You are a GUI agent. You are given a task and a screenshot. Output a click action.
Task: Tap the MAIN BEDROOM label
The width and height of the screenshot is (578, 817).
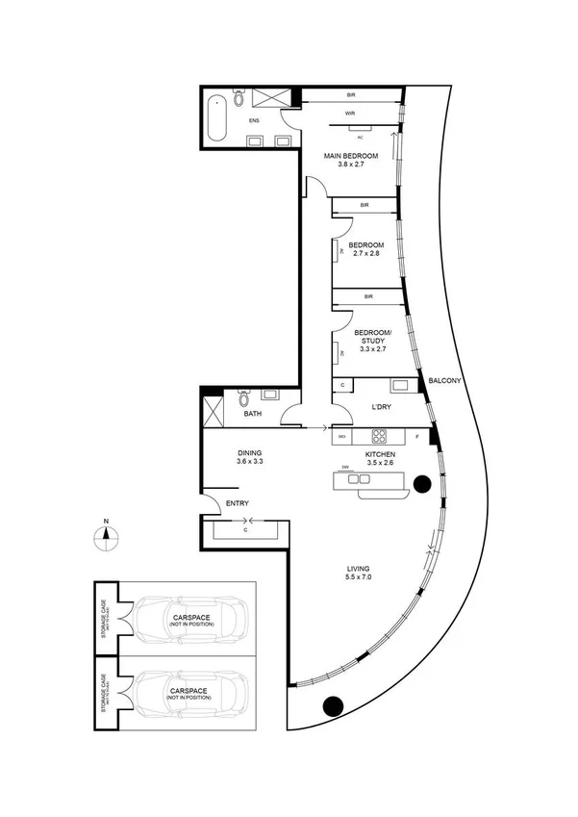click(350, 156)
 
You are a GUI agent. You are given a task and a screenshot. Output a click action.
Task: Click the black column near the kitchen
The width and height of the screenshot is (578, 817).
click(420, 484)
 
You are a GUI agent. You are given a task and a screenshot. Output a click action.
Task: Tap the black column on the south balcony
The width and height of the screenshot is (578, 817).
click(333, 705)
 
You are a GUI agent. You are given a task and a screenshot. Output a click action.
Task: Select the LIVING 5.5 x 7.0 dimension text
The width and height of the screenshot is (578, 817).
click(359, 575)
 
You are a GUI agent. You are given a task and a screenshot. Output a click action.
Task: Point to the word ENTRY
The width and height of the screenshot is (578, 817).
click(238, 504)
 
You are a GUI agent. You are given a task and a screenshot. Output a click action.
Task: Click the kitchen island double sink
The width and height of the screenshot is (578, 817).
click(360, 478)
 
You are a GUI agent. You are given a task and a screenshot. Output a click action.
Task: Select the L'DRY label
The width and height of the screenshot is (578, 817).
click(379, 408)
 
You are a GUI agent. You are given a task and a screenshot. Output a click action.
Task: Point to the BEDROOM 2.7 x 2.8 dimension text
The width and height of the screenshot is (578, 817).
click(366, 254)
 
